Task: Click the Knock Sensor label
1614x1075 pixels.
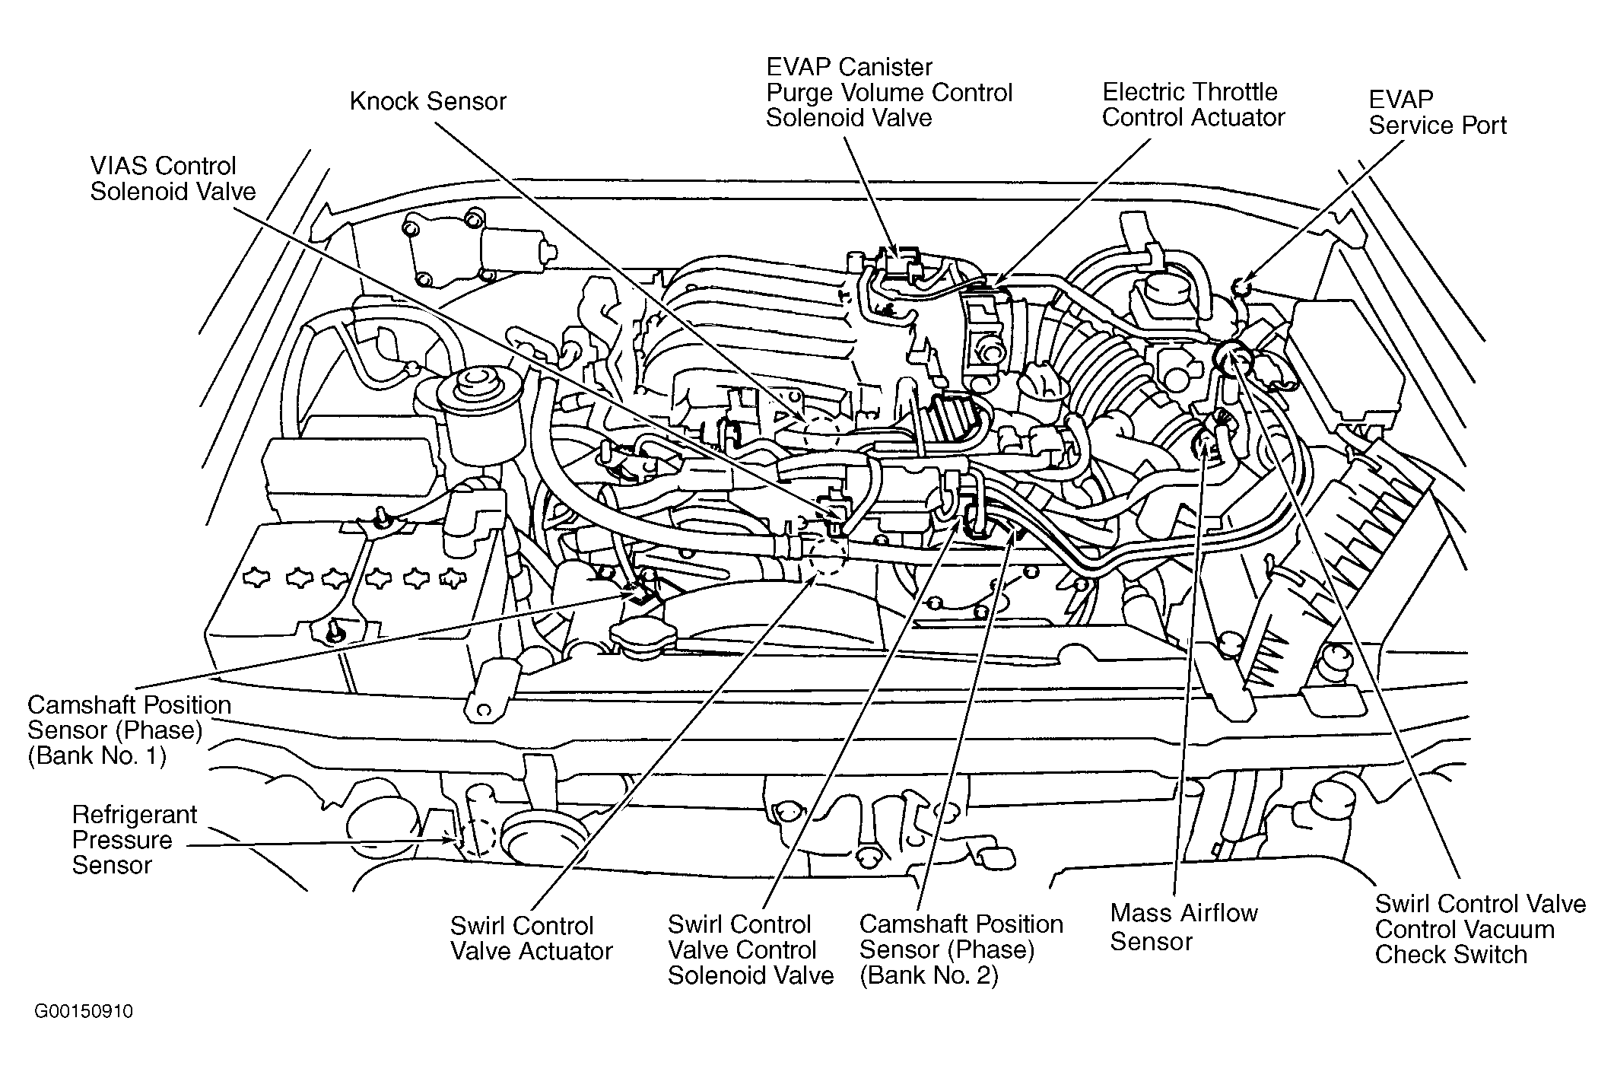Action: (x=427, y=102)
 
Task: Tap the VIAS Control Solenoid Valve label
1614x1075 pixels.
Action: (x=173, y=178)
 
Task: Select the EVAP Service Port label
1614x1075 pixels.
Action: (x=1437, y=112)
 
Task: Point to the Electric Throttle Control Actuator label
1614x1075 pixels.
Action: (x=1193, y=104)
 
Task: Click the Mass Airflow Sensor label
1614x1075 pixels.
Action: (x=1183, y=927)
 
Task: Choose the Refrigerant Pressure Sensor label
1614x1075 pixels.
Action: (x=135, y=840)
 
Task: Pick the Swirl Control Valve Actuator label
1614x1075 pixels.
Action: (x=531, y=938)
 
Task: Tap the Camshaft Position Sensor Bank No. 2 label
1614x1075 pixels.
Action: (x=961, y=949)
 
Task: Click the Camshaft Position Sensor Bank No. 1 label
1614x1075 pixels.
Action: (x=129, y=730)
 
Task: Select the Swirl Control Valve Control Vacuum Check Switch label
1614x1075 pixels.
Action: (x=1480, y=929)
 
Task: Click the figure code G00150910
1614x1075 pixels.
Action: (x=84, y=1011)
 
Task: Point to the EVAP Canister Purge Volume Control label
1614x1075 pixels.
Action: (x=889, y=92)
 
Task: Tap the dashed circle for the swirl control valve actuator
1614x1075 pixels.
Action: (x=827, y=554)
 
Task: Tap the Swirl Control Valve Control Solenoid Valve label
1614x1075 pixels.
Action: (x=751, y=949)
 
